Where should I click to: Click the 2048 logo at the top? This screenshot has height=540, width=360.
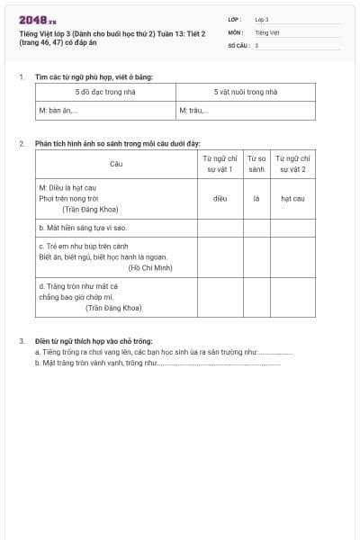coord(37,20)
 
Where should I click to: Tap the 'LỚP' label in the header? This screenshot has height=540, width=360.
coord(234,19)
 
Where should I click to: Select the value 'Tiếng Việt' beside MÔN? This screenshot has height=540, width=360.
coord(267,31)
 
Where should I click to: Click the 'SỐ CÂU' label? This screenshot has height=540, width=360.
coord(238,44)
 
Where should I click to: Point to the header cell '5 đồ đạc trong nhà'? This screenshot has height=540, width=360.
coord(105,92)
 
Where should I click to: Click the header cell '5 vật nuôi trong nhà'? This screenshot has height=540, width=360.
coord(246,92)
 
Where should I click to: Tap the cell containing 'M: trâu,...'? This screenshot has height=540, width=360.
coord(193,111)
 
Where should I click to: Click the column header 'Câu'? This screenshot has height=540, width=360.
coord(116,164)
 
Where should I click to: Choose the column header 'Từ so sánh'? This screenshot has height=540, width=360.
coord(256,164)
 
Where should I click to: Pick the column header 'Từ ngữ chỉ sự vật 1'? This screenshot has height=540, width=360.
coord(220,164)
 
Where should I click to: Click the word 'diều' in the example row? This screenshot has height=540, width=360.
coord(220,198)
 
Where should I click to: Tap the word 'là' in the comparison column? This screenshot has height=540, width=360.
coord(256,198)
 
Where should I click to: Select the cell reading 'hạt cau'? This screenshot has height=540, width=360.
coord(292,198)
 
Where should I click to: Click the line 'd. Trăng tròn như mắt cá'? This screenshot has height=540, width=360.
coord(78,286)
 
